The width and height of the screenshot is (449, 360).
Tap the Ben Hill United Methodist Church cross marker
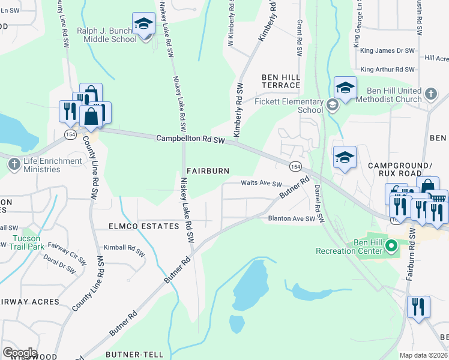point(430,94)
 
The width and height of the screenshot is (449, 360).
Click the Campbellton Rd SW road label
point(190,139)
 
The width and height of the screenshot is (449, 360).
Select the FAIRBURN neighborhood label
point(208,171)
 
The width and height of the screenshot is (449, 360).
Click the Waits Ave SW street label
point(261,184)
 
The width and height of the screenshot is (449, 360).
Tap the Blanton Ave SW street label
point(291,219)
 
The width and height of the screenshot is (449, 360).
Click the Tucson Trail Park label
point(29,242)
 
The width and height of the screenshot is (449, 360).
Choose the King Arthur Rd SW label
point(388,70)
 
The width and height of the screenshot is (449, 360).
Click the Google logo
point(20,353)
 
